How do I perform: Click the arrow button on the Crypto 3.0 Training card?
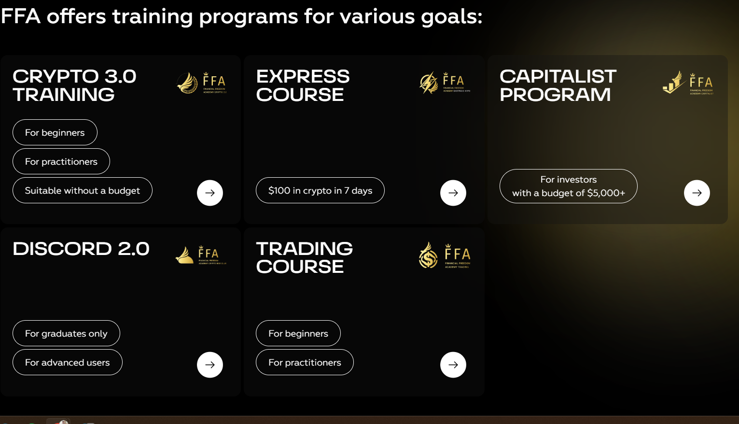tap(210, 193)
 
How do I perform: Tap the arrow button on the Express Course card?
tap(453, 193)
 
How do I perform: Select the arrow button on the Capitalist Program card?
tap(697, 193)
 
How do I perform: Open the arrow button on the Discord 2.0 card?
tap(210, 365)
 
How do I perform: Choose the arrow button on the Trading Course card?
tap(453, 365)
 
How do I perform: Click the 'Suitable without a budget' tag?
tap(83, 190)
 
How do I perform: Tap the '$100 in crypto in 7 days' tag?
tap(320, 190)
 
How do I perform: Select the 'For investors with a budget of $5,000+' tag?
tap(568, 186)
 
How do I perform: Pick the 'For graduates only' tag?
tap(66, 333)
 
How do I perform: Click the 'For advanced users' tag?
tap(68, 362)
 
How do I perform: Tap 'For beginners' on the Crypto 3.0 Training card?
tap(55, 132)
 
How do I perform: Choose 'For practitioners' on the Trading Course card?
tap(305, 362)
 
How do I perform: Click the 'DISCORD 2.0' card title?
tap(81, 249)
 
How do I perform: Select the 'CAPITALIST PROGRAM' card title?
tap(558, 85)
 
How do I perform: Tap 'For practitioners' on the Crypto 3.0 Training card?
tap(61, 161)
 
